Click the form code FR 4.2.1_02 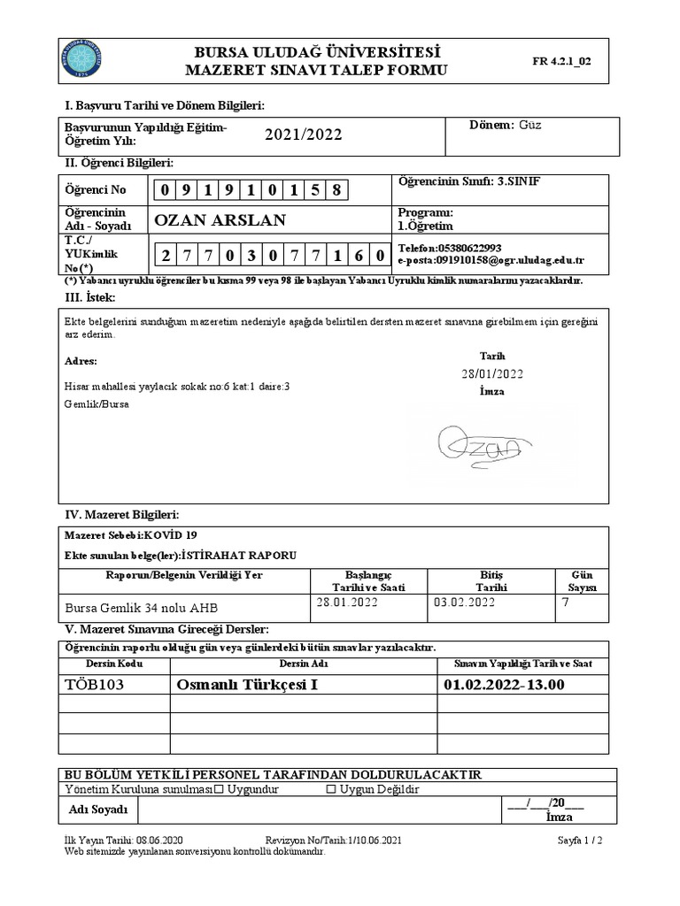pyautogui.click(x=561, y=61)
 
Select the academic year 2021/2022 pyautogui.click(x=303, y=134)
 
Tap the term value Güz pyautogui.click(x=530, y=125)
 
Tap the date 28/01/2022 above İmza pyautogui.click(x=492, y=373)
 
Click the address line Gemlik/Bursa pyautogui.click(x=97, y=403)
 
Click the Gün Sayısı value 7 pyautogui.click(x=566, y=603)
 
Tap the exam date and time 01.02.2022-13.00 pyautogui.click(x=504, y=685)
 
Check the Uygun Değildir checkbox pyautogui.click(x=331, y=788)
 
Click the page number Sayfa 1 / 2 pyautogui.click(x=580, y=840)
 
